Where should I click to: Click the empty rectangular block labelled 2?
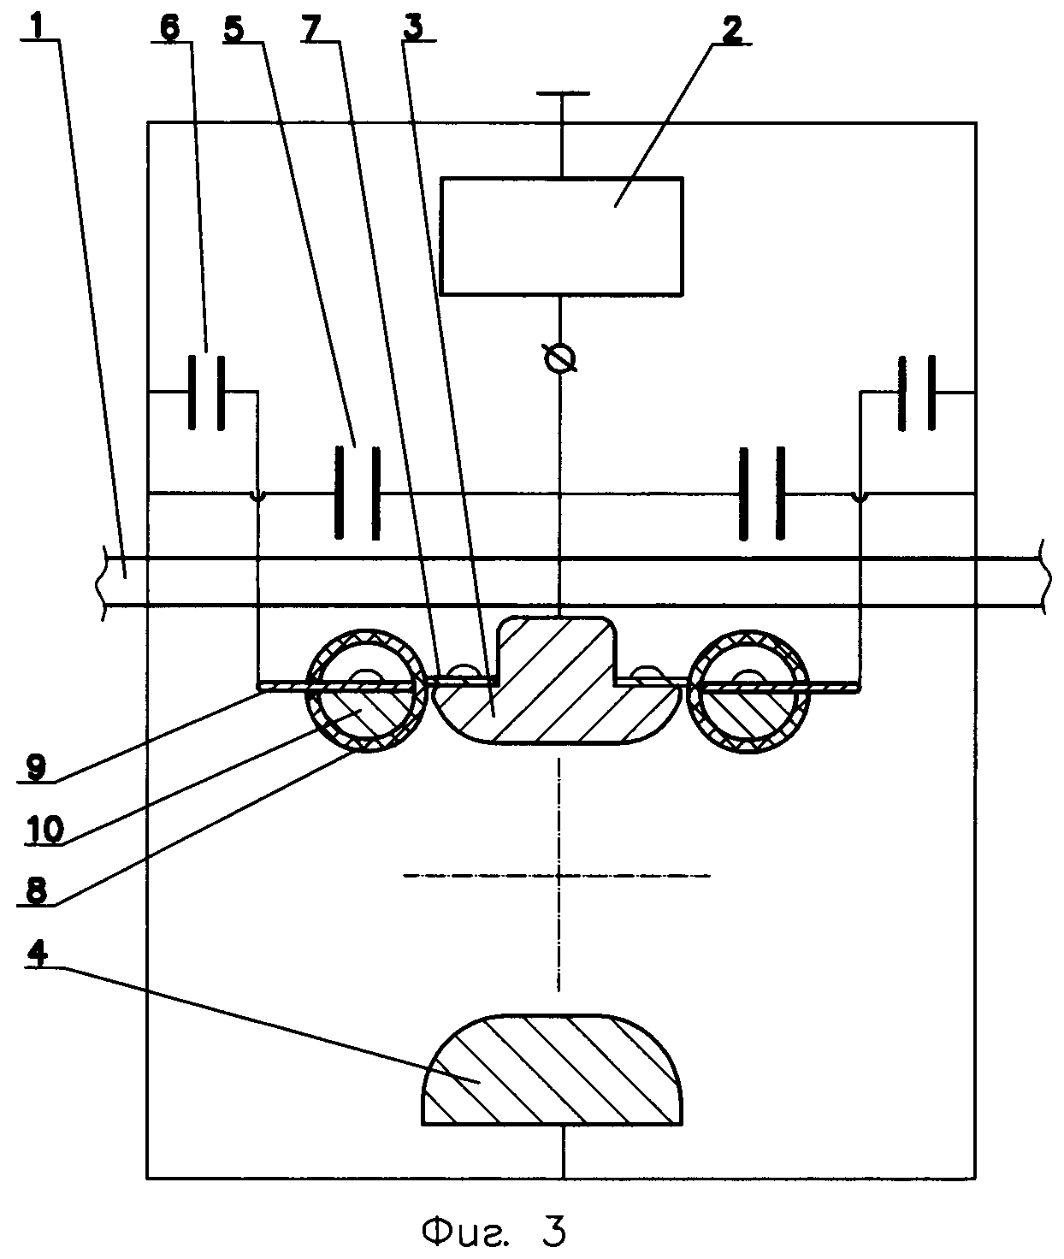(x=562, y=236)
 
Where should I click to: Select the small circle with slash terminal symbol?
(x=560, y=359)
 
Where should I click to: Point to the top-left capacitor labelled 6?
(x=206, y=393)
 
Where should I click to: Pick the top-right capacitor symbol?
(x=917, y=393)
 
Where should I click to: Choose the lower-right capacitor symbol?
(x=762, y=494)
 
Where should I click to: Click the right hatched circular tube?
(x=749, y=691)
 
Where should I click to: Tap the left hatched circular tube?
(x=367, y=691)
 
